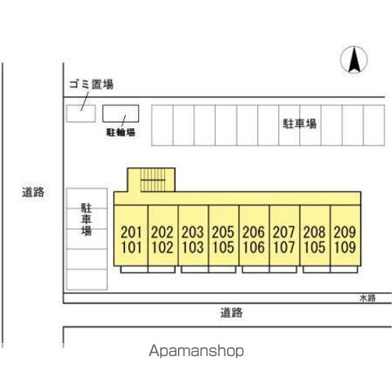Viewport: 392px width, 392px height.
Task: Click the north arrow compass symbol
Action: [354, 60]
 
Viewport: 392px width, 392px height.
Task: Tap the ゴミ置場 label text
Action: [91, 84]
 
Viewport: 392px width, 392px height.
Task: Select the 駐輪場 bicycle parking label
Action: [121, 132]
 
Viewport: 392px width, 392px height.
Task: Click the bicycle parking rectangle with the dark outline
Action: [121, 114]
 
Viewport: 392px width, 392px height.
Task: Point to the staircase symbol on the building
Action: [153, 180]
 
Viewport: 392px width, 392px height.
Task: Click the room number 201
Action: [131, 232]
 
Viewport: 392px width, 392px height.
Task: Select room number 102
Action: [163, 247]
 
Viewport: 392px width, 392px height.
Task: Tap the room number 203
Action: [193, 232]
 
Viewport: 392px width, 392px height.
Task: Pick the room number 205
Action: [223, 232]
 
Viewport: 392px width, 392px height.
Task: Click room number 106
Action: [254, 247]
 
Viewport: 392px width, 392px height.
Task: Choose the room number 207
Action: [284, 232]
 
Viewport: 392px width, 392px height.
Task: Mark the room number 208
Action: [314, 232]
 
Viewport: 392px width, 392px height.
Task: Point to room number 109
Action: [345, 247]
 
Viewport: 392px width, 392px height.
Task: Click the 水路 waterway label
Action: [367, 298]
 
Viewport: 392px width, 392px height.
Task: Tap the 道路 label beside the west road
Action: [33, 192]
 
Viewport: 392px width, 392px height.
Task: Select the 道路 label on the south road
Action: [231, 313]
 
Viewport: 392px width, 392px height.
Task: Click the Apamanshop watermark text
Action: [196, 351]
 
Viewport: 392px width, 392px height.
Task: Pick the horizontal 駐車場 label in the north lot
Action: [300, 124]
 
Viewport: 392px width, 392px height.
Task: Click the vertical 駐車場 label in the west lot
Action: [87, 220]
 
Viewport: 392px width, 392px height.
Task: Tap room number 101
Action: [131, 247]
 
